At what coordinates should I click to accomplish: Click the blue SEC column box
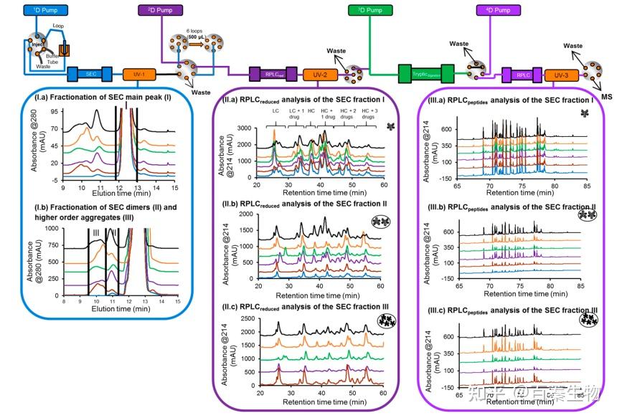tap(90, 73)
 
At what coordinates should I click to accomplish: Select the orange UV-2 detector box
tap(320, 73)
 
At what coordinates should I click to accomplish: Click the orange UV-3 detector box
tap(562, 73)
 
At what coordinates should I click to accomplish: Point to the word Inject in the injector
tap(37, 44)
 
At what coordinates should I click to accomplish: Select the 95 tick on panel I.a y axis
tap(53, 113)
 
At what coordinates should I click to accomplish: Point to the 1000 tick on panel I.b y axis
tap(52, 229)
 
